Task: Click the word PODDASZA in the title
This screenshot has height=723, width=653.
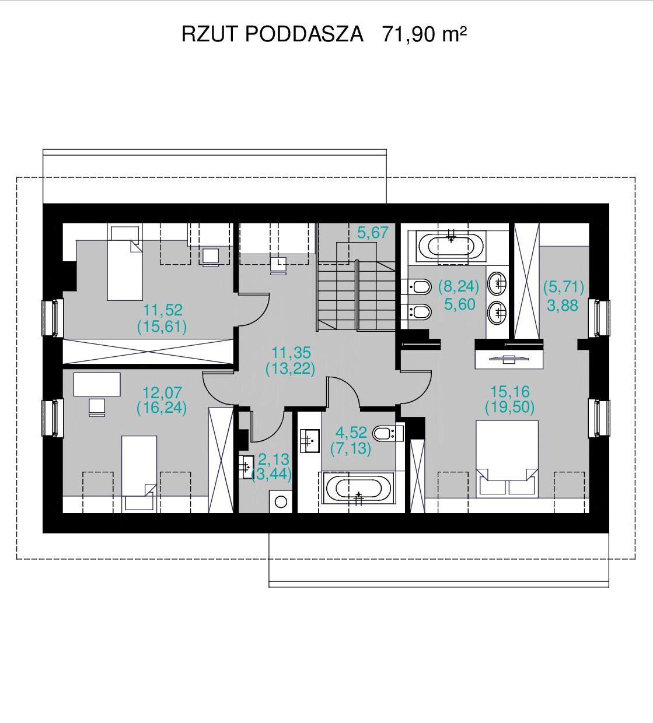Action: (x=305, y=34)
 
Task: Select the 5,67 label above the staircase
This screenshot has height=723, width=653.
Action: (x=373, y=233)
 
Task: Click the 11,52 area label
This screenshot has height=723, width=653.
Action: (x=163, y=310)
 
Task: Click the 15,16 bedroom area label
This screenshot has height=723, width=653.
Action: (x=510, y=391)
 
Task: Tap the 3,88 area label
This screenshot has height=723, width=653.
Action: (x=563, y=306)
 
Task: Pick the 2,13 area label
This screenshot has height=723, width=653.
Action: (x=274, y=459)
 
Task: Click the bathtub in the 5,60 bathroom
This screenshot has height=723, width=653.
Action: (x=451, y=247)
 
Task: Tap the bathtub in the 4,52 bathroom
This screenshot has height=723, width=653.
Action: (x=358, y=489)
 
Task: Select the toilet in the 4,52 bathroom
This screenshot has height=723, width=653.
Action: (x=388, y=433)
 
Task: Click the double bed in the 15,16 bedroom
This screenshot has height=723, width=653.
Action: (x=507, y=459)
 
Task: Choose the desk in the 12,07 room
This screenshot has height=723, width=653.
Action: (x=97, y=384)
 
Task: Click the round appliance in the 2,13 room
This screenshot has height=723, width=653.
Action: (x=280, y=501)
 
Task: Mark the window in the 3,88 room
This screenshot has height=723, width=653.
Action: (x=599, y=318)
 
